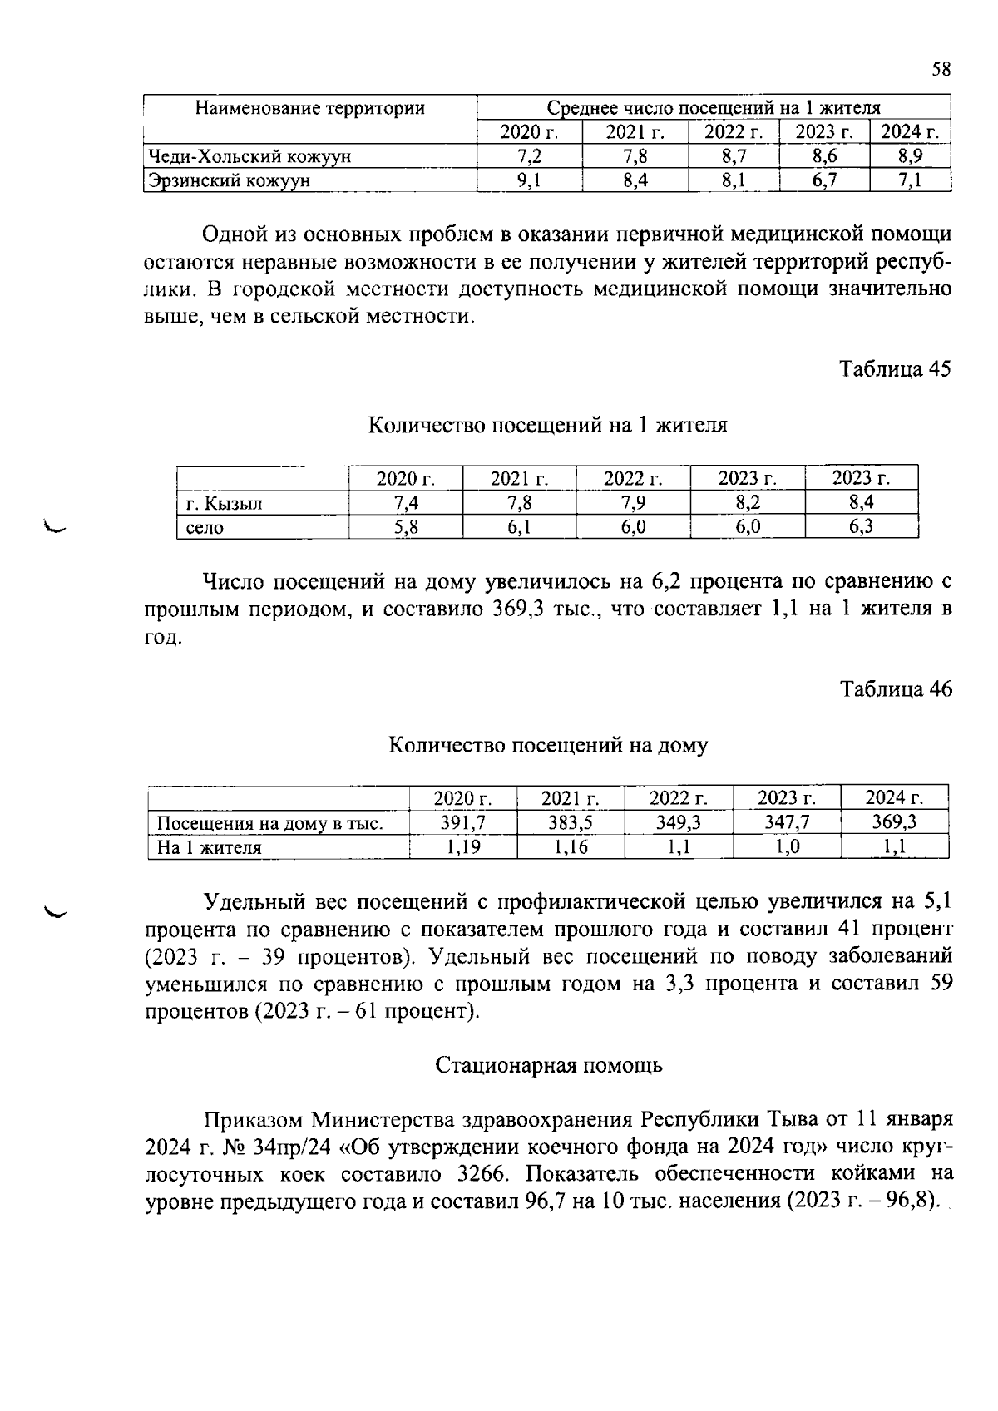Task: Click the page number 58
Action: pos(941,70)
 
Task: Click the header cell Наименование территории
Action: pos(309,108)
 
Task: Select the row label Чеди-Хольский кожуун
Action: pos(249,156)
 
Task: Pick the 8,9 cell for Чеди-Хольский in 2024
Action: pos(910,156)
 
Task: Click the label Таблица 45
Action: pos(895,369)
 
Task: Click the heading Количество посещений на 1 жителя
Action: pos(547,426)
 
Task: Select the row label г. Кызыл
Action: pos(224,503)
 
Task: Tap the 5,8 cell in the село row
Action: pos(405,527)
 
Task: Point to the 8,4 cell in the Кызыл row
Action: pos(861,503)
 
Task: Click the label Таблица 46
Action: pos(895,689)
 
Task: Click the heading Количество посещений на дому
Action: pos(548,745)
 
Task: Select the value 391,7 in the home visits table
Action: pos(462,823)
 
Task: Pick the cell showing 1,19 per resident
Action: pos(462,847)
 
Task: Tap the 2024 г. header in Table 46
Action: pos(894,798)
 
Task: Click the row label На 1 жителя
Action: pos(210,848)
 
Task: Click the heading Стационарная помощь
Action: pos(549,1065)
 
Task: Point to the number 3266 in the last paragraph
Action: pos(486,1174)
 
